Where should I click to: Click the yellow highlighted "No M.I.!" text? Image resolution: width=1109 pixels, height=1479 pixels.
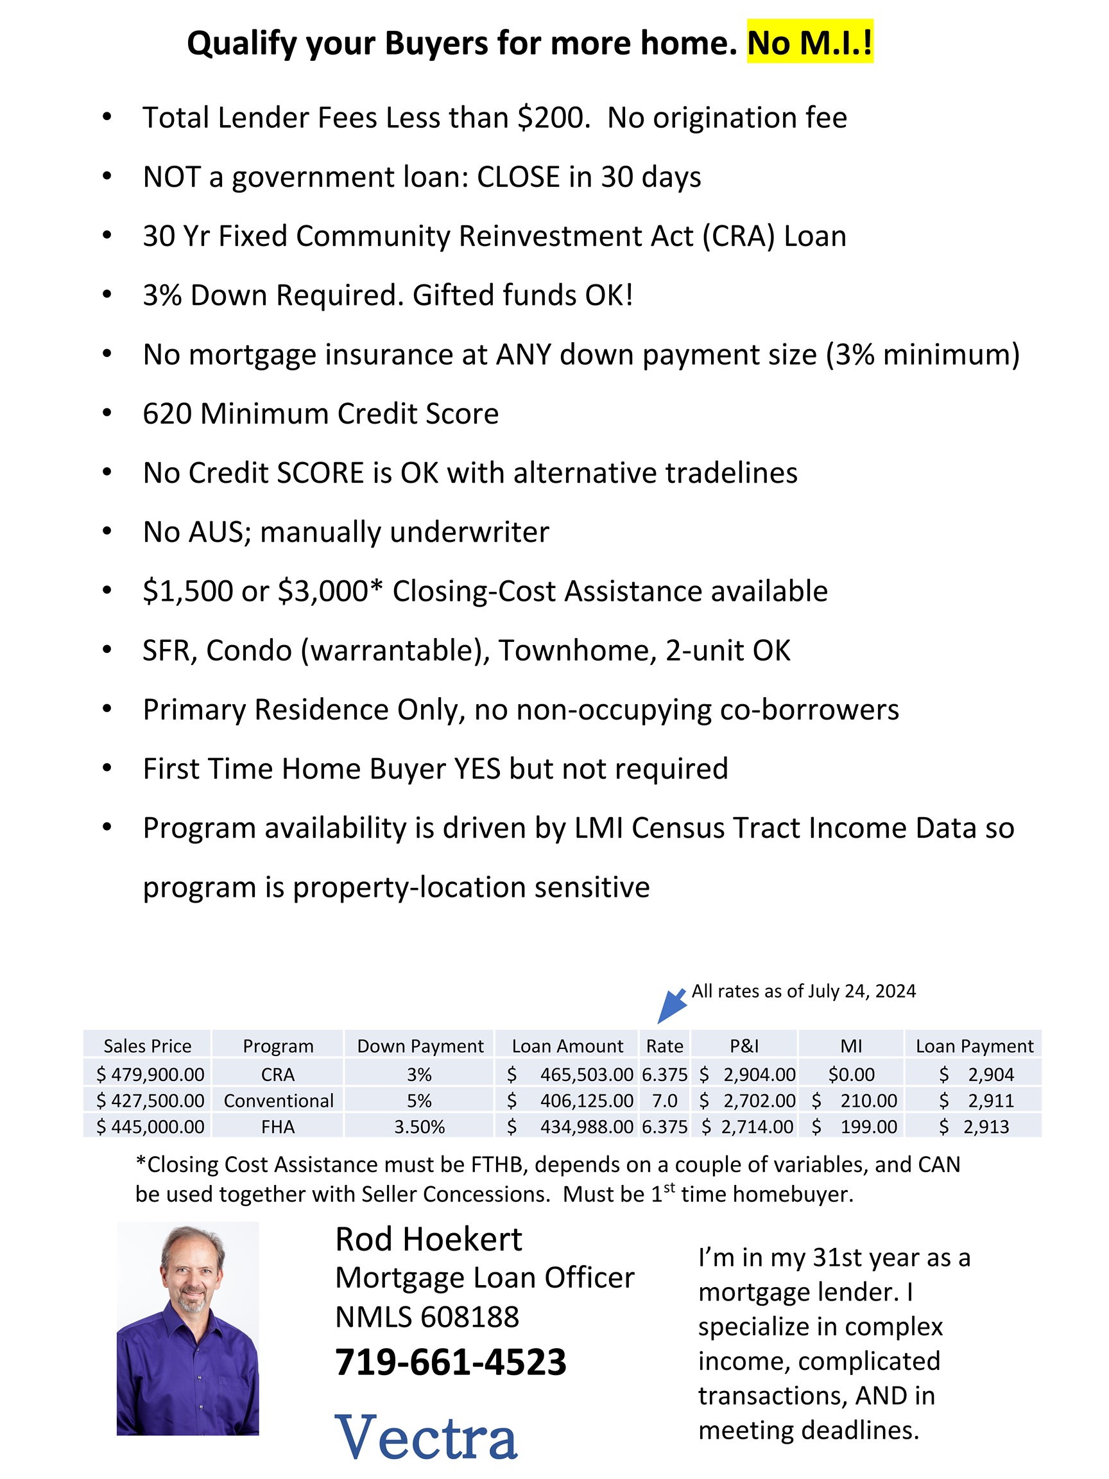[809, 43]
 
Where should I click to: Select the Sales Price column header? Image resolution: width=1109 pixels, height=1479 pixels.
[147, 1046]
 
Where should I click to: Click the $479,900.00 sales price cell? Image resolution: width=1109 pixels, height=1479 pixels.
[150, 1075]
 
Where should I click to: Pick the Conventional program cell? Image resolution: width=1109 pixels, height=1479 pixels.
[278, 1100]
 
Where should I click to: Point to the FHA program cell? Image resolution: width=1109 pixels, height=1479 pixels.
[278, 1127]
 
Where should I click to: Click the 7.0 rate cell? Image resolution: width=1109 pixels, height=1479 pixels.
[664, 1100]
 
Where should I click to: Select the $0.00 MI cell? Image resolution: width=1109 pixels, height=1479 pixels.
[851, 1075]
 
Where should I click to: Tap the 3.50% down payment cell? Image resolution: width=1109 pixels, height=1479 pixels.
[419, 1127]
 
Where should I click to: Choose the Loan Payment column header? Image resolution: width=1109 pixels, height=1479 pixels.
[974, 1046]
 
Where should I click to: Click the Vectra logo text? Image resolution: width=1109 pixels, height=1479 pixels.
[426, 1437]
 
